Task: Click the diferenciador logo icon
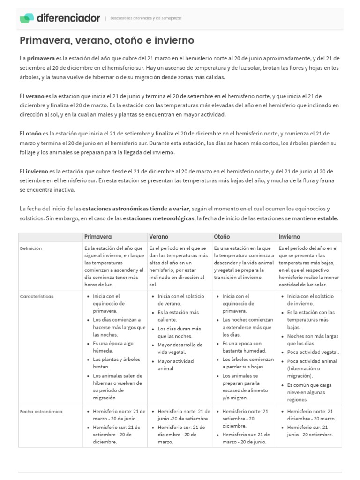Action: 27,18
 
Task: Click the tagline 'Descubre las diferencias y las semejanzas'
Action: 146,18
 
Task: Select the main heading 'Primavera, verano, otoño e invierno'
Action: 107,41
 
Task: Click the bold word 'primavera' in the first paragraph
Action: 41,59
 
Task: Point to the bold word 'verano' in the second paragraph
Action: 35,96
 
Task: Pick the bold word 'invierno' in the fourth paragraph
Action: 37,171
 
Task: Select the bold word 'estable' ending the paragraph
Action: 327,218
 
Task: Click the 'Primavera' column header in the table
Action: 98,237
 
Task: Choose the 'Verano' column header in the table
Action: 158,237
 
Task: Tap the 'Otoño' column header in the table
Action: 222,237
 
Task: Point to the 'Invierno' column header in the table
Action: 289,237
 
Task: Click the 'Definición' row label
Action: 31,248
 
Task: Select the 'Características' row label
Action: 37,296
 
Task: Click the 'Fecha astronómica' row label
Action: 41,411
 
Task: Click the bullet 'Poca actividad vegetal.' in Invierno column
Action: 313,352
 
